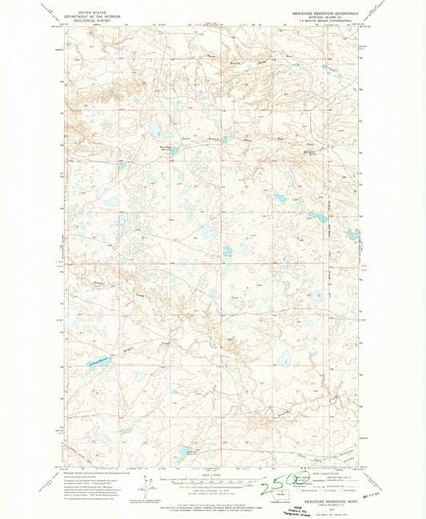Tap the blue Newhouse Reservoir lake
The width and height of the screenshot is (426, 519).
click(98, 364)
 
